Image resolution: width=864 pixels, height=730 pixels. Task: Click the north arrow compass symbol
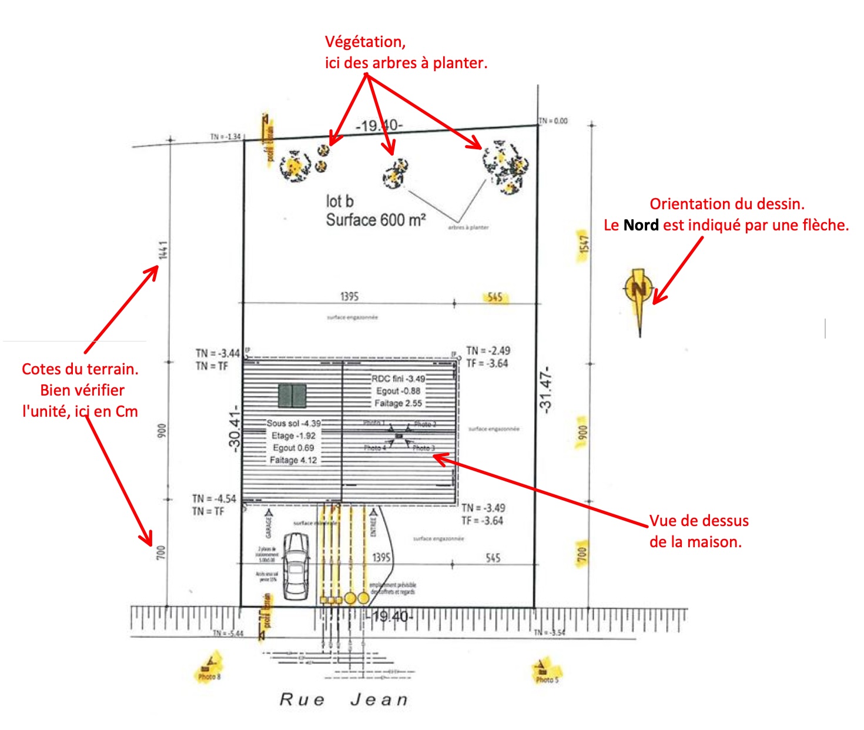tap(638, 291)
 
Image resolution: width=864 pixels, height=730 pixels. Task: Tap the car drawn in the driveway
tap(296, 565)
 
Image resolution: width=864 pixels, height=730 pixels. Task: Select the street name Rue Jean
tap(343, 699)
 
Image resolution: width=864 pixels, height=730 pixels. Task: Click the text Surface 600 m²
tap(376, 220)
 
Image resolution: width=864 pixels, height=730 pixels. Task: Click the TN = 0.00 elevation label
tap(554, 121)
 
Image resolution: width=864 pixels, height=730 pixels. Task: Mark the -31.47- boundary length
tap(546, 389)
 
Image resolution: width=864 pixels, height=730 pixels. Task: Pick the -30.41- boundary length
tap(235, 427)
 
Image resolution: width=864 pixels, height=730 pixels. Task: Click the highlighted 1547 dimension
tap(583, 246)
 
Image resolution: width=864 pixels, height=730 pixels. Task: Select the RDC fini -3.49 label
tap(398, 379)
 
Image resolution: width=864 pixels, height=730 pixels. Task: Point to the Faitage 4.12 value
tap(293, 460)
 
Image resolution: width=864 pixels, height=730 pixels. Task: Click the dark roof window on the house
tap(292, 396)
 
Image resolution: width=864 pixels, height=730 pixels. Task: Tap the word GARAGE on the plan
tap(269, 525)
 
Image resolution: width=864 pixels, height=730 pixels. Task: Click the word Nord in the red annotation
tap(641, 225)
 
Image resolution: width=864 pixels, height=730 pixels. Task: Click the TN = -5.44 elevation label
tap(227, 633)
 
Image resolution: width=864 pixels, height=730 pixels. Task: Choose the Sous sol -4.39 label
tap(293, 423)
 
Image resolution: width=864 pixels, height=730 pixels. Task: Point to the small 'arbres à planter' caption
tap(468, 227)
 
